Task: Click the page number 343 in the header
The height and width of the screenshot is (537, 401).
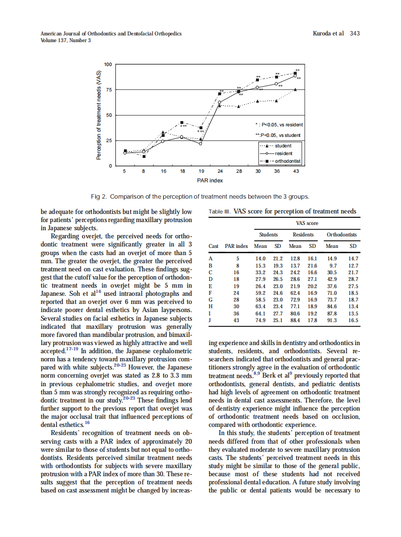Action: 355,34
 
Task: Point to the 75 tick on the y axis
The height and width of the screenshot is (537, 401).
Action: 108,89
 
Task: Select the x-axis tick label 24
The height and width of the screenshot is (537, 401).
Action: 220,171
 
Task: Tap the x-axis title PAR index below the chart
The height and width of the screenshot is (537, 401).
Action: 210,180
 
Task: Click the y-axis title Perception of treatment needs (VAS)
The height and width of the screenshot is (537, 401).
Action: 99,115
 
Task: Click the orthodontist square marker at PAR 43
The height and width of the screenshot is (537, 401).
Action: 295,74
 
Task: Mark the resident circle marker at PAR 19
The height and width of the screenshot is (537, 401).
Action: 200,144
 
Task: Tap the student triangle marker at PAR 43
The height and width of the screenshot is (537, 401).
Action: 295,89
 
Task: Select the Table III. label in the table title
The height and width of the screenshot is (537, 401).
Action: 220,212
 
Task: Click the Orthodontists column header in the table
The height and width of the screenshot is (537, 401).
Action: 342,235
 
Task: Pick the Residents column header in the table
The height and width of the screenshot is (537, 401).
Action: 303,235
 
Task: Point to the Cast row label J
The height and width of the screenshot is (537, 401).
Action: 210,320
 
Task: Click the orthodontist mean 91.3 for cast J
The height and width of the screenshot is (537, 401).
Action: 332,320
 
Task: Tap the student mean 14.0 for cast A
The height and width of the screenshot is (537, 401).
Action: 260,258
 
